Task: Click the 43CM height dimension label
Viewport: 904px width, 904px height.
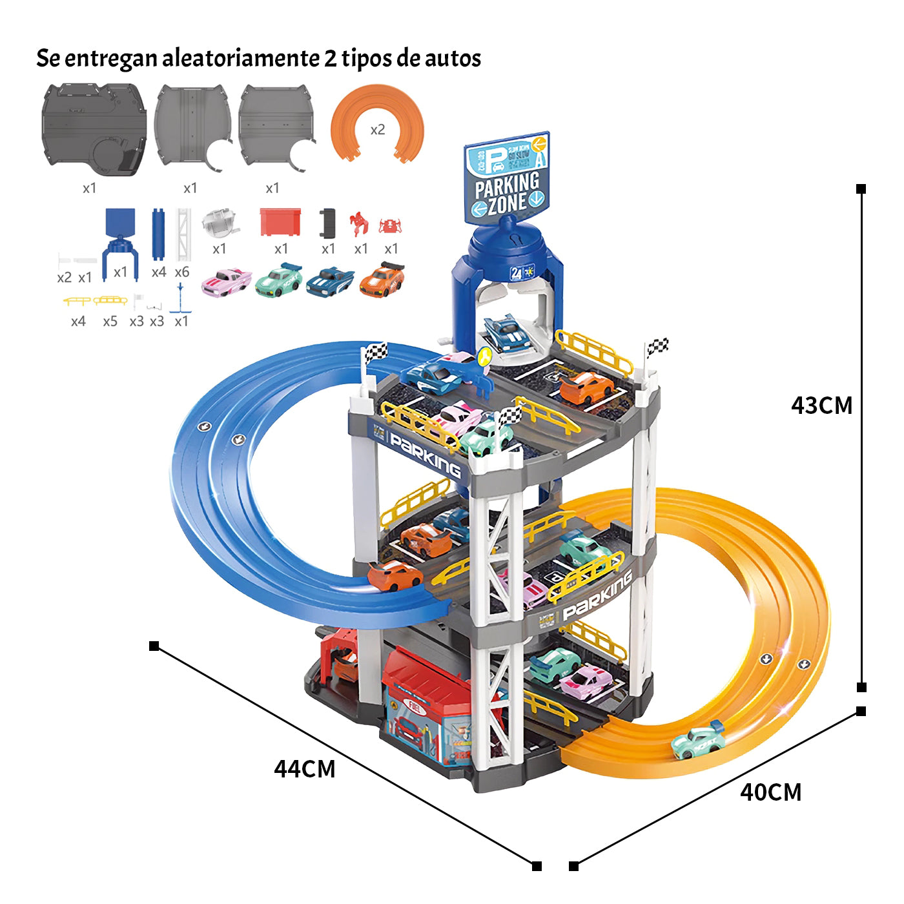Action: (x=821, y=406)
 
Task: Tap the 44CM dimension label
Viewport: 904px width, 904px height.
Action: (x=304, y=769)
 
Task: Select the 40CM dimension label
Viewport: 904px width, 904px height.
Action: (x=770, y=792)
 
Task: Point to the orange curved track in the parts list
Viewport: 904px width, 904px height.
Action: (x=377, y=123)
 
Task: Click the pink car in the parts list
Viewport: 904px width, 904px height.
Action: (x=226, y=282)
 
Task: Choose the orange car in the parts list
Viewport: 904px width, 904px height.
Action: (x=382, y=279)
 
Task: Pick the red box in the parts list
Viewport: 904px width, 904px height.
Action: (x=280, y=222)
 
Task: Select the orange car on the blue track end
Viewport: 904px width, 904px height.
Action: (x=395, y=575)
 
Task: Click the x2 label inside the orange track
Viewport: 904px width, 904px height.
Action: (x=378, y=130)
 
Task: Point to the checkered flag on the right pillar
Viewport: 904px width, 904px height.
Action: (x=657, y=347)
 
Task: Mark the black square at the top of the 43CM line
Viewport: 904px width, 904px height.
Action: (x=861, y=189)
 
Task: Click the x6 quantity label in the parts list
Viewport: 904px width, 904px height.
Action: (x=182, y=272)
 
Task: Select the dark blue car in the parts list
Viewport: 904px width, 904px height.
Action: (x=329, y=282)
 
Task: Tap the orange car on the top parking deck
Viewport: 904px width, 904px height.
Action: (x=586, y=387)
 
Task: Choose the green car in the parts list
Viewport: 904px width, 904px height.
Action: (x=278, y=280)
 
